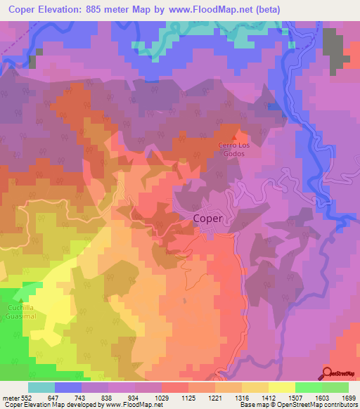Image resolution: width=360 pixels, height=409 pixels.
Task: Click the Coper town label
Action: click(x=207, y=219)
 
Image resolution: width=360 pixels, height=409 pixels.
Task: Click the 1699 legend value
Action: click(x=347, y=398)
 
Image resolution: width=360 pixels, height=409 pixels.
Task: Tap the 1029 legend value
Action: click(x=162, y=398)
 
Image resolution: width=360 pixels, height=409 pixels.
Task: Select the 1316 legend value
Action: click(x=240, y=398)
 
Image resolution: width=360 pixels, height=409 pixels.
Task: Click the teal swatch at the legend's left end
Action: click(x=41, y=387)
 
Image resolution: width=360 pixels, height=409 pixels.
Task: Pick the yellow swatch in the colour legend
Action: click(x=281, y=387)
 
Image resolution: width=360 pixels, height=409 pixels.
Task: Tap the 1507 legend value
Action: click(x=294, y=398)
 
